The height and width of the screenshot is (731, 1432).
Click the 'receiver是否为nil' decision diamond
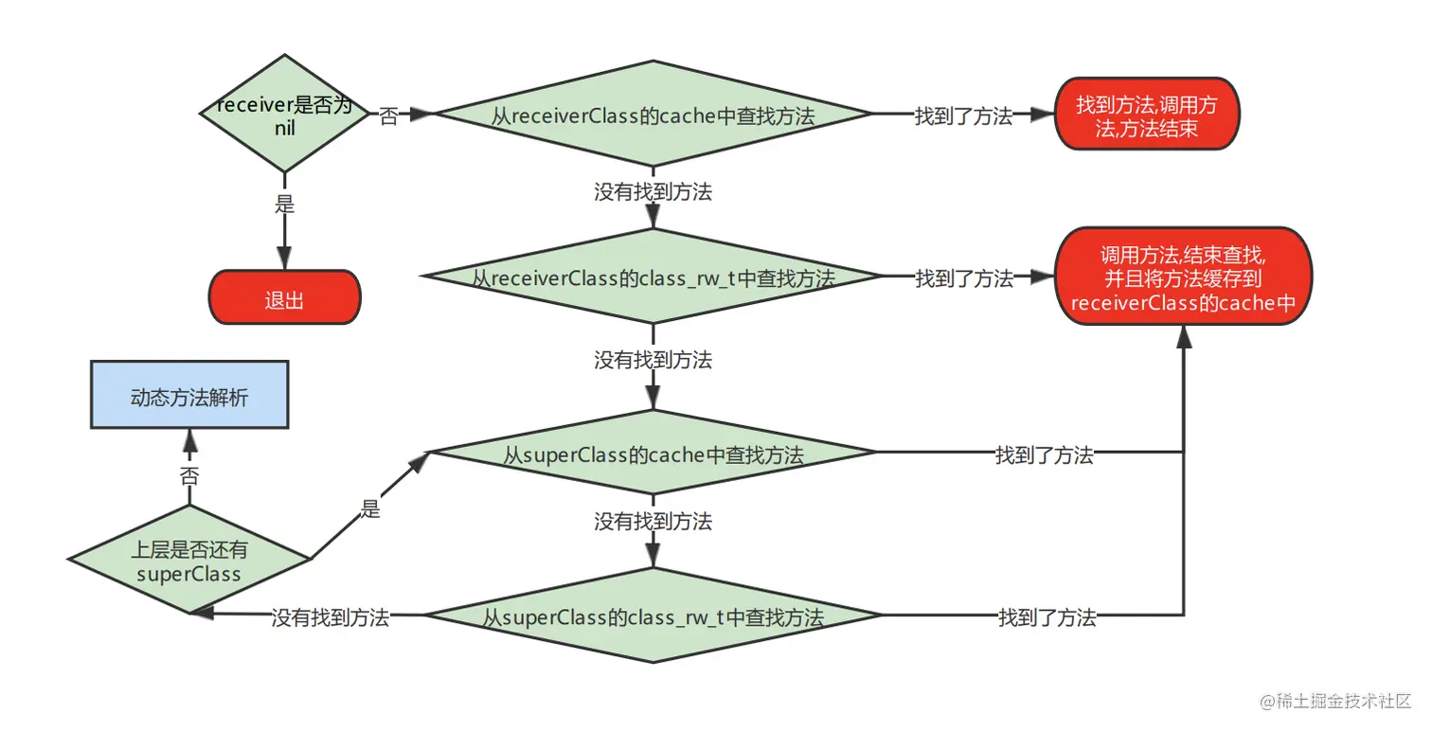[284, 114]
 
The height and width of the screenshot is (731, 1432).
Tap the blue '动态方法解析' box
[189, 396]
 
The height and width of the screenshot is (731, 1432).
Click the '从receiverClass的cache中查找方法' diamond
[653, 116]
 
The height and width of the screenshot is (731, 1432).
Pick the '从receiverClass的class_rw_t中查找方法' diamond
[653, 278]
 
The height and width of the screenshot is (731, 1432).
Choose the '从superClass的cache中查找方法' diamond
[653, 455]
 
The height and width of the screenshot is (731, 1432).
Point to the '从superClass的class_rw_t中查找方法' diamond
[653, 617]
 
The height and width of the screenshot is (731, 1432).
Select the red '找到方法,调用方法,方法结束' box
[1146, 116]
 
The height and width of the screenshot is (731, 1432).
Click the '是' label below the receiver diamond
[284, 204]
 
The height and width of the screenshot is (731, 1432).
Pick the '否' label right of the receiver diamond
[388, 116]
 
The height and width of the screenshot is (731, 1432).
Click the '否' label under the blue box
[189, 476]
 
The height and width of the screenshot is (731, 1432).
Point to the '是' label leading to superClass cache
[370, 509]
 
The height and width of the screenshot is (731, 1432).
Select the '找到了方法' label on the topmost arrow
[963, 116]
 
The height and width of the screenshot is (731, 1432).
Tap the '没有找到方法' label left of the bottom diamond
[330, 618]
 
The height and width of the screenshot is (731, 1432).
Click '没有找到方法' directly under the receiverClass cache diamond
[653, 192]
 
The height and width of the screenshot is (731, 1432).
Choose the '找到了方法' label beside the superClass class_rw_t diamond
[1047, 618]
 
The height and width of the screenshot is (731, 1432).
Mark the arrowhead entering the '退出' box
[284, 260]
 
